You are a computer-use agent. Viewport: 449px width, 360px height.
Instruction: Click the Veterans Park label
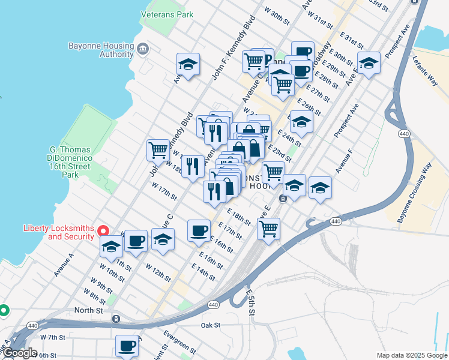(x=167, y=13)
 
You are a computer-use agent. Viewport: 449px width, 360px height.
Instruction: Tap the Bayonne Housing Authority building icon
(x=143, y=49)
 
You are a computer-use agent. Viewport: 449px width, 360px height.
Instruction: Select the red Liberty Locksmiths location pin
(x=103, y=231)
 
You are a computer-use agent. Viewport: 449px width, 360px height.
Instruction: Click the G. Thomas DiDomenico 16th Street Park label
(x=70, y=162)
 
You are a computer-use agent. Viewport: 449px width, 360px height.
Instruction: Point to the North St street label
(x=89, y=310)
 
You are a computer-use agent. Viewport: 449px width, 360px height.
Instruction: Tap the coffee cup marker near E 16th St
(x=199, y=230)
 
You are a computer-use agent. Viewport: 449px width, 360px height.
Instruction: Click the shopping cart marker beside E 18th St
(x=268, y=227)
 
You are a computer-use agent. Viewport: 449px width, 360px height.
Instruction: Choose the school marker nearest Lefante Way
(x=369, y=62)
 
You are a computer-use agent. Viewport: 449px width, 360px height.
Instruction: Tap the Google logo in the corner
(x=20, y=353)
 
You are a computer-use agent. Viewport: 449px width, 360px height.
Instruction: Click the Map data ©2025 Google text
(x=411, y=355)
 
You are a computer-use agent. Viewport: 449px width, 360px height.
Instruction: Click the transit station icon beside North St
(x=116, y=319)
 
